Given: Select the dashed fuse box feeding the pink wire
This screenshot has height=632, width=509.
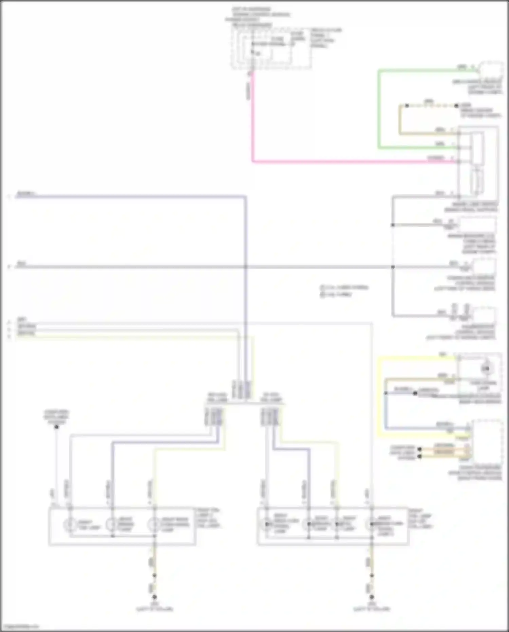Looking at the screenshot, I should tap(271, 48).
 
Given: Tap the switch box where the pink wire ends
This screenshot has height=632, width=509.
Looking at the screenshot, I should tap(478, 162).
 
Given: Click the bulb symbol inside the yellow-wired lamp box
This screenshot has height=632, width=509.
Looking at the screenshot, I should tap(486, 368).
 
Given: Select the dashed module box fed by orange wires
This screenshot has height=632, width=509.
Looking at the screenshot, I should tap(487, 441).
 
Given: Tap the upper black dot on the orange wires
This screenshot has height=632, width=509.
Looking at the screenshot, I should tap(419, 449).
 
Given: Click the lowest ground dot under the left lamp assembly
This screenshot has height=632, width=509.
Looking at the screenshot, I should tap(154, 597).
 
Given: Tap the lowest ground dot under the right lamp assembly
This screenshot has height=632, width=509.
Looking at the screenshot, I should tap(372, 597).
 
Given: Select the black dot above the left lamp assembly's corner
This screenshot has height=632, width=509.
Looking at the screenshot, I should tap(57, 427).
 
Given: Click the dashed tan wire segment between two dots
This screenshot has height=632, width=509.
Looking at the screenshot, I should tap(432, 106).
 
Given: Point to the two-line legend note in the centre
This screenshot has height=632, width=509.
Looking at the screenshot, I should tap(343, 291).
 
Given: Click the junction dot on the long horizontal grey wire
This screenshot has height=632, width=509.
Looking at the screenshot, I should tap(393, 267).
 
